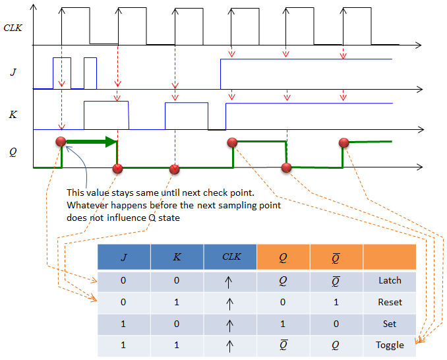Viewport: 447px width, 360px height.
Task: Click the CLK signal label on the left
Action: click(x=13, y=28)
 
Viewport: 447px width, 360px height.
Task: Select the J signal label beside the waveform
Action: click(x=13, y=72)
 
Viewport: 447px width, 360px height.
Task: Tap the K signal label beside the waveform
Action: click(x=13, y=114)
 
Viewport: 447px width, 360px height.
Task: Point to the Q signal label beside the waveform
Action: click(x=13, y=152)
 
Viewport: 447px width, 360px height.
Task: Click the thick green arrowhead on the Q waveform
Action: click(x=111, y=142)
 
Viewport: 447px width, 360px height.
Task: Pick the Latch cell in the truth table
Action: click(x=390, y=280)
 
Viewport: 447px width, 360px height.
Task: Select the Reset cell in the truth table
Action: click(x=390, y=302)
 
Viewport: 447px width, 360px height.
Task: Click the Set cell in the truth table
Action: click(x=390, y=324)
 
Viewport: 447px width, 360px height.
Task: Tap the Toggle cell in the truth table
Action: click(x=390, y=345)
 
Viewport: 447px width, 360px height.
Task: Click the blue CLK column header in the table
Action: click(x=230, y=257)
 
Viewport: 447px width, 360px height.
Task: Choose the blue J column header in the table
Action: click(x=124, y=257)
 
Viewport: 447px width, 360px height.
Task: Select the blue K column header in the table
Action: click(x=177, y=257)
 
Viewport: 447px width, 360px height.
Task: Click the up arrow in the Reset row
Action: click(x=230, y=303)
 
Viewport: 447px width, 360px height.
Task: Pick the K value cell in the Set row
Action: click(x=177, y=324)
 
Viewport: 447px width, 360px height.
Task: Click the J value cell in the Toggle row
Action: click(x=124, y=345)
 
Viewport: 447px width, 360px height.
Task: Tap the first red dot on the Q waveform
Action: click(x=61, y=141)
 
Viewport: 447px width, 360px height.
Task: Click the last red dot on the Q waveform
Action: click(x=343, y=143)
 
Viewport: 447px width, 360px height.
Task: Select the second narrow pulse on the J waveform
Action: click(x=90, y=73)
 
